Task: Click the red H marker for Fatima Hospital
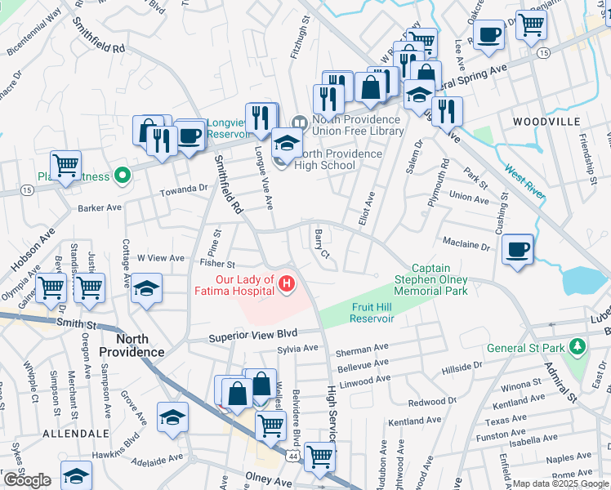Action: tap(287, 284)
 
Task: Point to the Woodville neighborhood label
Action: tap(546, 121)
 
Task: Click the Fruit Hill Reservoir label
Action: tap(372, 313)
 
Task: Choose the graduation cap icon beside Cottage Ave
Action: tap(146, 288)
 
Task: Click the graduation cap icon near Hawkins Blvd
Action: tap(172, 417)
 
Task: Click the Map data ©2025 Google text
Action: tap(560, 483)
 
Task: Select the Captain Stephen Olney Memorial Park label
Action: tap(439, 278)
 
